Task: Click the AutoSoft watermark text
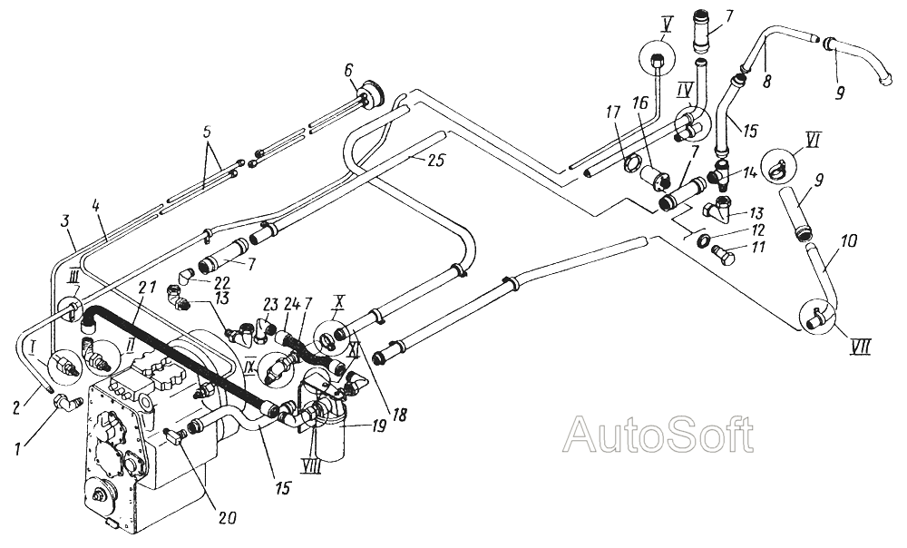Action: coord(658,435)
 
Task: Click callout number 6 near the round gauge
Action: coord(347,70)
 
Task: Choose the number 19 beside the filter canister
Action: coord(377,427)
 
